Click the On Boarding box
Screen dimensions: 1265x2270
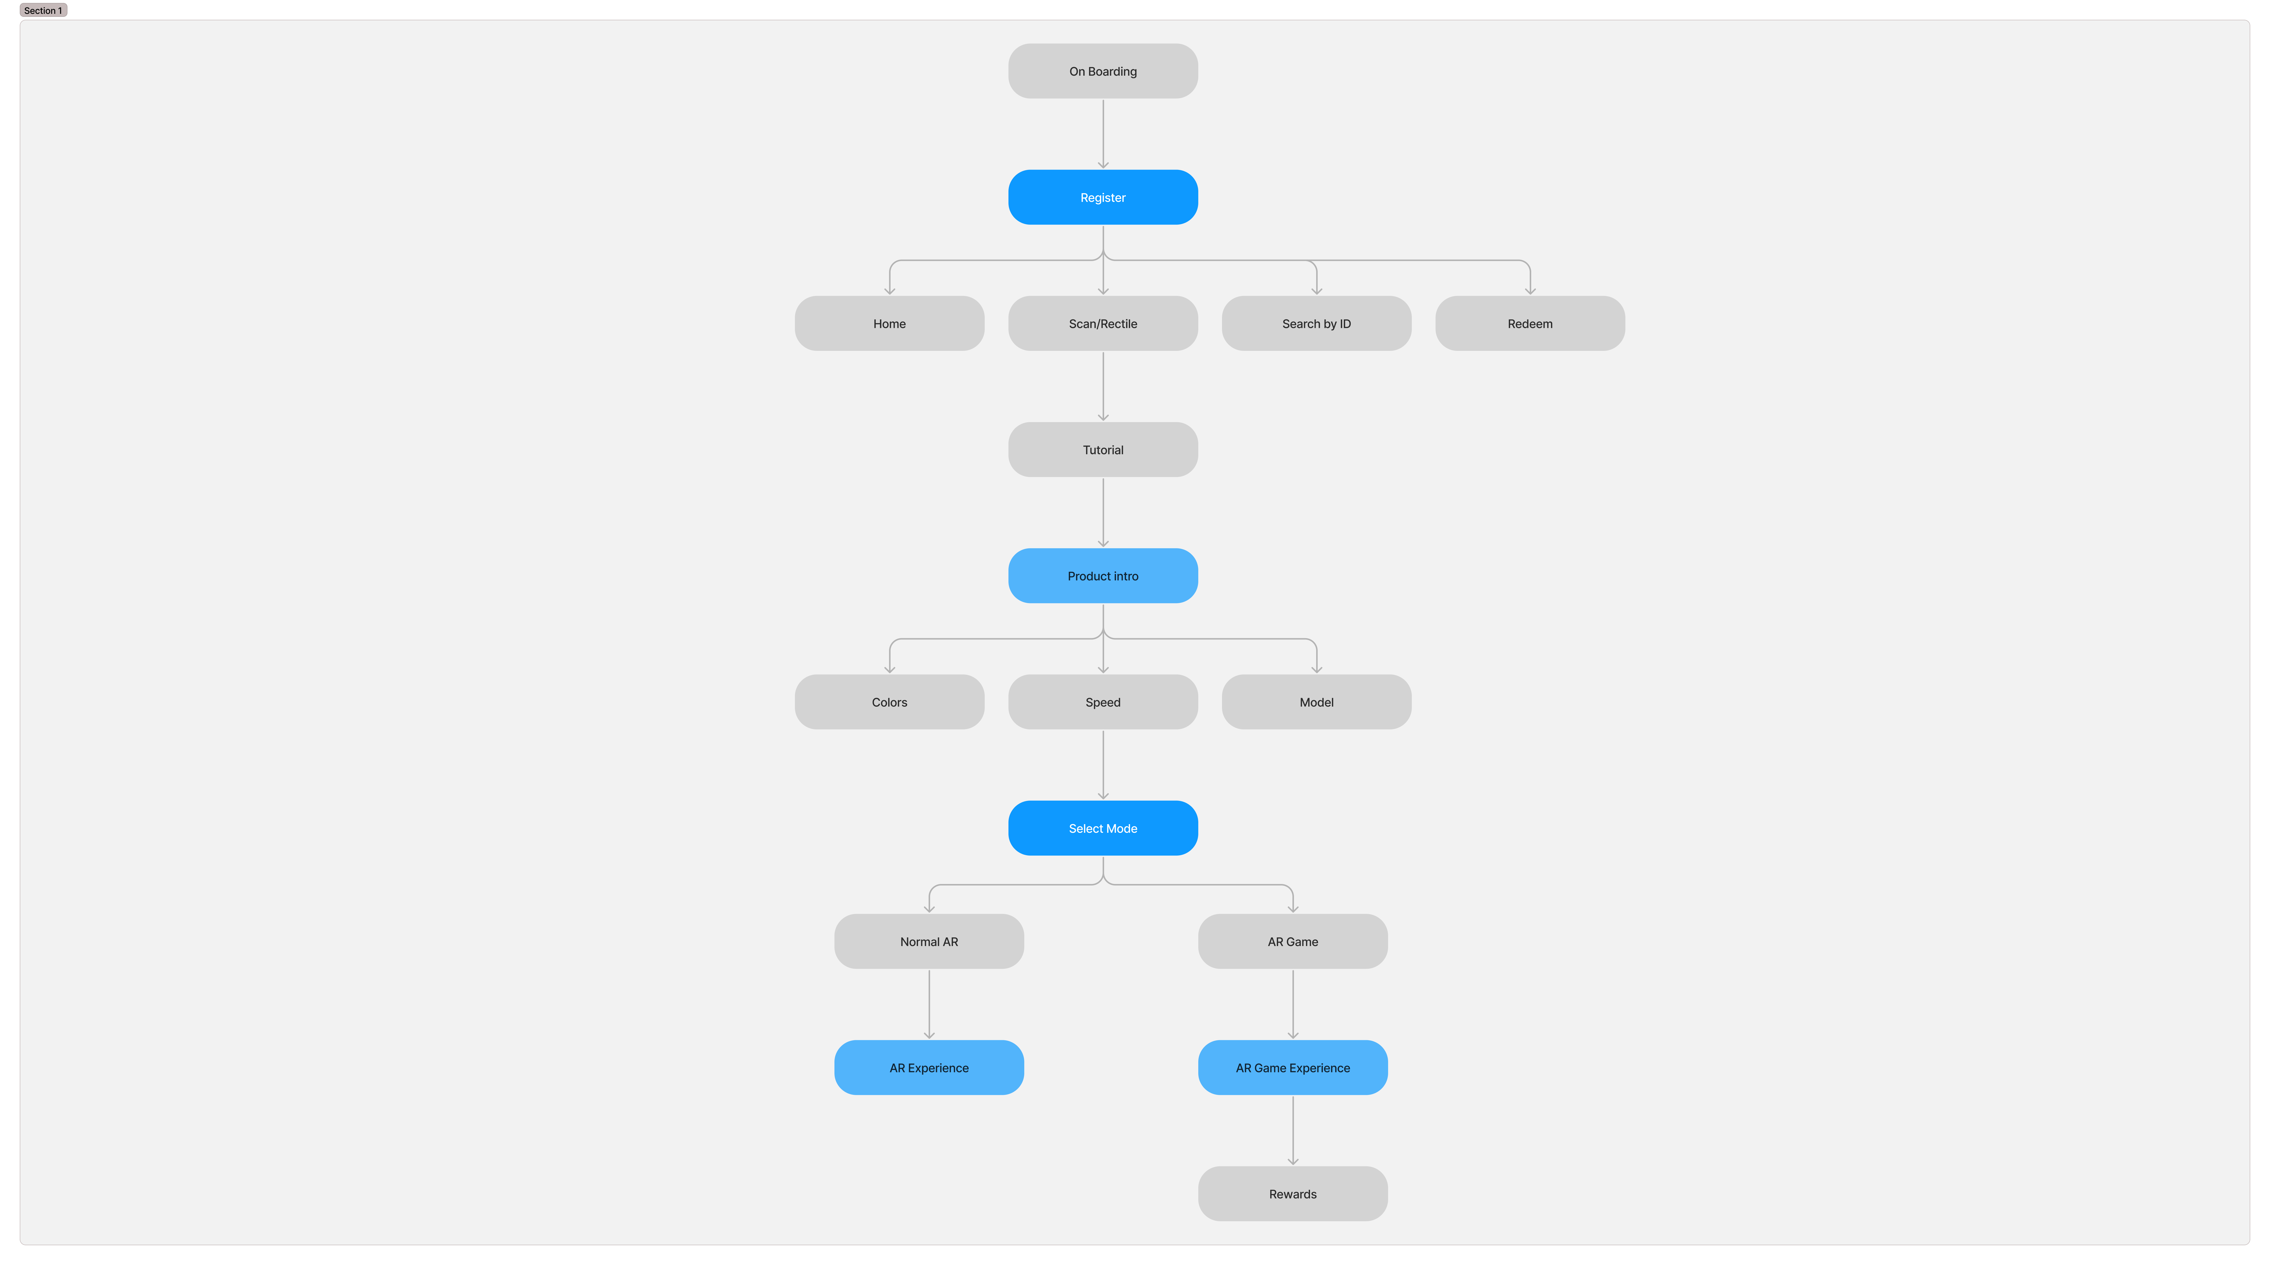(x=1102, y=71)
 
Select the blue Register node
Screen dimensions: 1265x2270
(x=1102, y=198)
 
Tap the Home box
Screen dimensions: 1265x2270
(x=889, y=323)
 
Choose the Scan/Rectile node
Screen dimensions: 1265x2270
(x=1102, y=323)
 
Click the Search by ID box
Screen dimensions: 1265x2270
(x=1316, y=323)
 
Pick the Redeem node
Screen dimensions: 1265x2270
(x=1530, y=323)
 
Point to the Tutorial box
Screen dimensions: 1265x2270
(x=1102, y=450)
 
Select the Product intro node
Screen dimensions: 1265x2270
(x=1102, y=576)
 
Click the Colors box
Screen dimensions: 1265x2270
(x=889, y=702)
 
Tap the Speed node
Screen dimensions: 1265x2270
(x=1102, y=702)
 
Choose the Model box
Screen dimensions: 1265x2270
(x=1316, y=702)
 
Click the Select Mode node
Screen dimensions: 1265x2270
(x=1102, y=828)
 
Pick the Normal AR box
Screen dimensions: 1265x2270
(x=929, y=942)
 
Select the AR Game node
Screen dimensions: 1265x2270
(x=1293, y=942)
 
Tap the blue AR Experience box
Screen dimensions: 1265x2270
(x=929, y=1067)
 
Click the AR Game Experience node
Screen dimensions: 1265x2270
(x=1293, y=1067)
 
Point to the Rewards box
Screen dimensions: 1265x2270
(x=1293, y=1194)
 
